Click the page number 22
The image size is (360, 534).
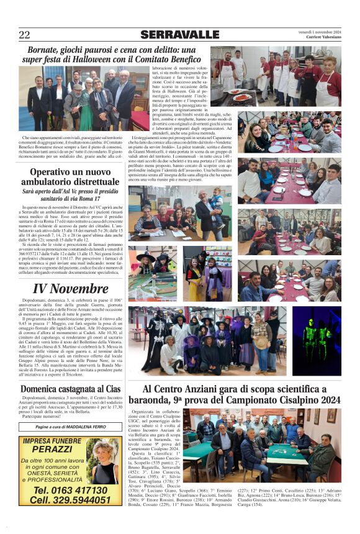24,35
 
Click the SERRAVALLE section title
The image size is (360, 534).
179,35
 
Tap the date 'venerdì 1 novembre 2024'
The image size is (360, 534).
319,32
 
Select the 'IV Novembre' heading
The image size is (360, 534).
70,288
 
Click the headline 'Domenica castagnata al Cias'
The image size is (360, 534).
70,388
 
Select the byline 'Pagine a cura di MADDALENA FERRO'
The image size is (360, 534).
70,427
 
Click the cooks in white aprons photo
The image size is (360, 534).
287,79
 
